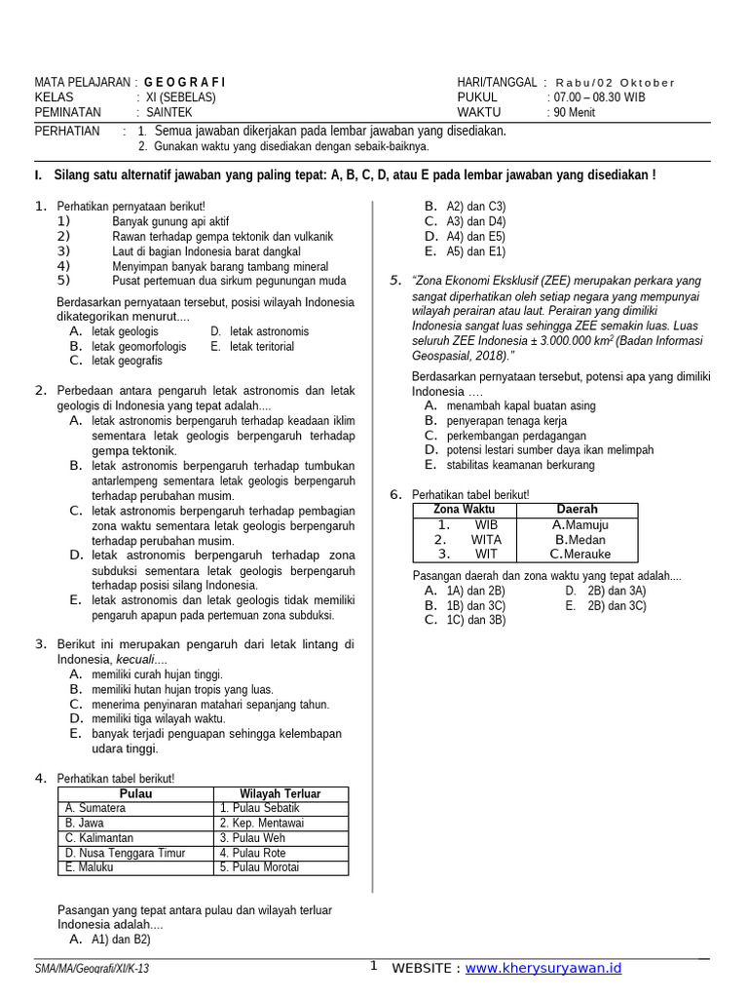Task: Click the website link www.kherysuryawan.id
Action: click(543, 968)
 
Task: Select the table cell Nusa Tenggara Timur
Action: click(125, 853)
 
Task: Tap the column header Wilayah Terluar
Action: click(280, 793)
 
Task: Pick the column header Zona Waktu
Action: click(464, 510)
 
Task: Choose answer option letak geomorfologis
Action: click(139, 346)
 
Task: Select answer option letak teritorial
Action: click(261, 346)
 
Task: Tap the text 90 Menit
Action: click(576, 112)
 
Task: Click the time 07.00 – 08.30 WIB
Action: click(598, 97)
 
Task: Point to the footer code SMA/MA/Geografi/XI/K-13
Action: click(92, 969)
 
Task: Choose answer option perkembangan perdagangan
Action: click(516, 436)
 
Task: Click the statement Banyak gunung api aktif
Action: click(170, 221)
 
